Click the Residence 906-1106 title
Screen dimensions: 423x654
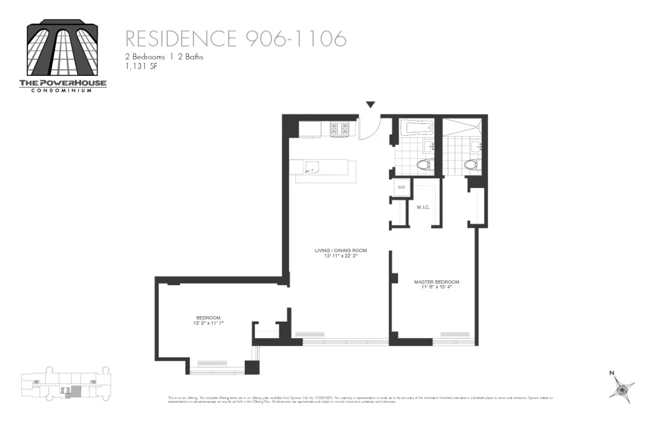pos(235,39)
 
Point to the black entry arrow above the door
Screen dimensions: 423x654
pos(371,105)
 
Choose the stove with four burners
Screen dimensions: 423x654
pos(338,130)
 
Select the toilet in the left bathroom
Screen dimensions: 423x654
pos(423,164)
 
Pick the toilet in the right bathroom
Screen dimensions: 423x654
pos(470,164)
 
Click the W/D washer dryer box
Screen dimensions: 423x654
pos(402,187)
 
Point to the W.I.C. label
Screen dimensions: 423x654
pos(423,207)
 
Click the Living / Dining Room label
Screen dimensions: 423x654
pos(341,251)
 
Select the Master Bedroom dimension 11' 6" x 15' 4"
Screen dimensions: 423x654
pos(437,287)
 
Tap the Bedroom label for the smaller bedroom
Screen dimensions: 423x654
pos(208,318)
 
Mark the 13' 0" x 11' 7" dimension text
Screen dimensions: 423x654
pos(208,323)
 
